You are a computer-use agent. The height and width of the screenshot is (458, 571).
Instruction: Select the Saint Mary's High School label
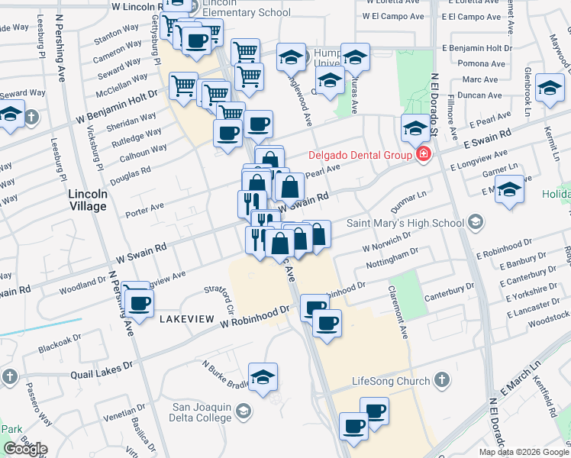(x=405, y=223)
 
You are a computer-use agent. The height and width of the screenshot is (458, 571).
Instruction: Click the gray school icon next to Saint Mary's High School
(x=476, y=223)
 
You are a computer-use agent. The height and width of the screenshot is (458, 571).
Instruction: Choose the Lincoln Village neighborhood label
(x=88, y=199)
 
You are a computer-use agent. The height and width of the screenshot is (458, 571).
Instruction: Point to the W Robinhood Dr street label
(x=256, y=317)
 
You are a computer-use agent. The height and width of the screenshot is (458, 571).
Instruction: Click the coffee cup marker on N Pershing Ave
(x=139, y=302)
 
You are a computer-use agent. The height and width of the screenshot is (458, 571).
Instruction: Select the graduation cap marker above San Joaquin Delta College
(x=263, y=376)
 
